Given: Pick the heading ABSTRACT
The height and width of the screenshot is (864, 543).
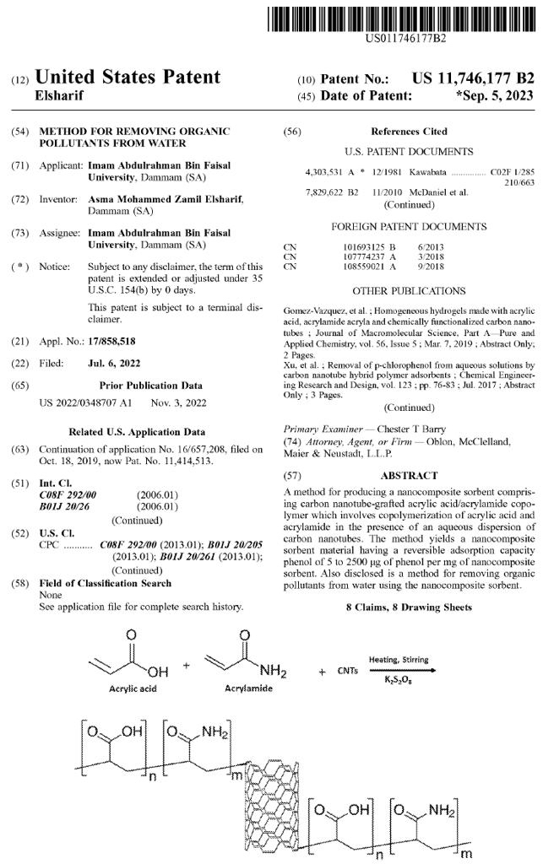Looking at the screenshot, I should coord(409,476).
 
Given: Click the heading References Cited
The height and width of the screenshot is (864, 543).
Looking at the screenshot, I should coord(409,132).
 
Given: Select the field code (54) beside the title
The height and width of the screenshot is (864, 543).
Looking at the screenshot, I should coord(21,132).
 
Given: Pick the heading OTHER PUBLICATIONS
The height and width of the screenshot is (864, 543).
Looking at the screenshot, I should coord(409,290).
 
